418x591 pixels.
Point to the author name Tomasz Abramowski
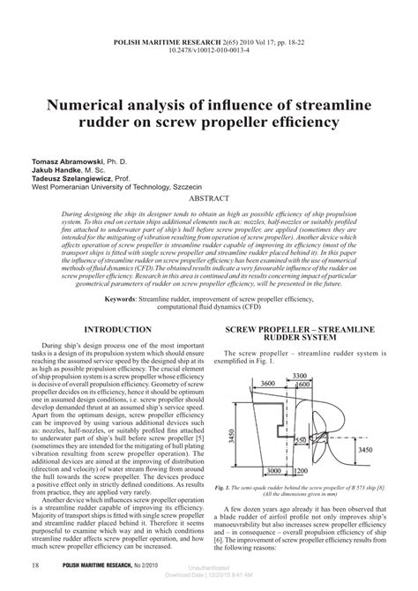pos(67,164)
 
